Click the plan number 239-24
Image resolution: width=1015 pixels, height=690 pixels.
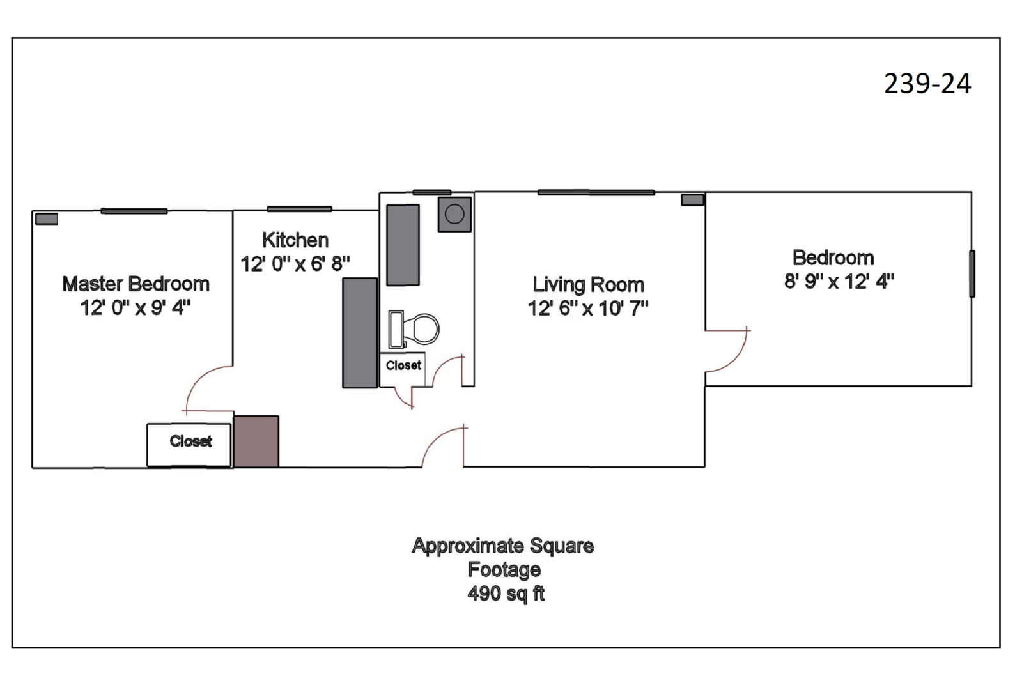pyautogui.click(x=927, y=84)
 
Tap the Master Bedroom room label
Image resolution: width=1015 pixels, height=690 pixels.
pyautogui.click(x=136, y=284)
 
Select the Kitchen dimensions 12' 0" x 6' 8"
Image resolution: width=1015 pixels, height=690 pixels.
pyautogui.click(x=295, y=264)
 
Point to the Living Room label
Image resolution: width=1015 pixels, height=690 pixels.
pyautogui.click(x=588, y=285)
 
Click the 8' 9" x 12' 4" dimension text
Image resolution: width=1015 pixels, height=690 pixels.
pyautogui.click(x=839, y=281)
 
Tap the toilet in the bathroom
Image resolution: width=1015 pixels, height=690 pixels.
pyautogui.click(x=414, y=330)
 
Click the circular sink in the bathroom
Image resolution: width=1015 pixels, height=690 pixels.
pyautogui.click(x=454, y=214)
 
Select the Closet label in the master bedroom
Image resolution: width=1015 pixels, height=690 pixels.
pyautogui.click(x=190, y=441)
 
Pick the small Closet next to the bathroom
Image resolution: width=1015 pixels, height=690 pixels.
pyautogui.click(x=403, y=365)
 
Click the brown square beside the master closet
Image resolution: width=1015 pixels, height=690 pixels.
pyautogui.click(x=256, y=441)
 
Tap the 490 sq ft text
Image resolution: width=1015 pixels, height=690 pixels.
pyautogui.click(x=506, y=594)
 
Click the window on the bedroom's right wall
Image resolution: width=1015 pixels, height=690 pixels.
pyautogui.click(x=972, y=273)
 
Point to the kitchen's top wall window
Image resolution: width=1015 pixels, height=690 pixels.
pyautogui.click(x=300, y=209)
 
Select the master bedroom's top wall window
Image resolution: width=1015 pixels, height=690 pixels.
pyautogui.click(x=134, y=211)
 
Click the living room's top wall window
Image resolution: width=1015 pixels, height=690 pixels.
pyautogui.click(x=596, y=192)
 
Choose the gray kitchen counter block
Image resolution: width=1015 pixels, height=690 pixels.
pyautogui.click(x=360, y=333)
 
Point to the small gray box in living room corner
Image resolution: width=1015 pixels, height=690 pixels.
pyautogui.click(x=692, y=200)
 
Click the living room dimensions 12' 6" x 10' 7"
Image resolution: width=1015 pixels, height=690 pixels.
pyautogui.click(x=588, y=309)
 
